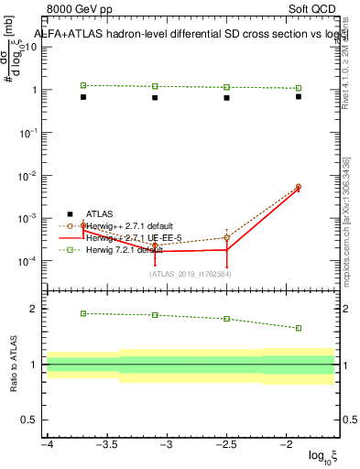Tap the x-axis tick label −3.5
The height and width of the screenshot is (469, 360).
click(106, 444)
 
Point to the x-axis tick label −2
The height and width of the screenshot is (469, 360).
click(287, 444)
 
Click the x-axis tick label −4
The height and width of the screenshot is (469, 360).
click(47, 444)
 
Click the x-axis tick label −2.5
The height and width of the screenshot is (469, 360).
click(226, 444)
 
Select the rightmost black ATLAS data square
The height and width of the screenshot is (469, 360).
click(299, 96)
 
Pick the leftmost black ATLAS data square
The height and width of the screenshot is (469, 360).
click(83, 96)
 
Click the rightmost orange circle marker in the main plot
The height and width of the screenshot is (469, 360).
click(299, 187)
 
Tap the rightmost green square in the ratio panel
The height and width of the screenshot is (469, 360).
click(299, 328)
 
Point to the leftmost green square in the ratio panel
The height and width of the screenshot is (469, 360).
click(83, 313)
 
